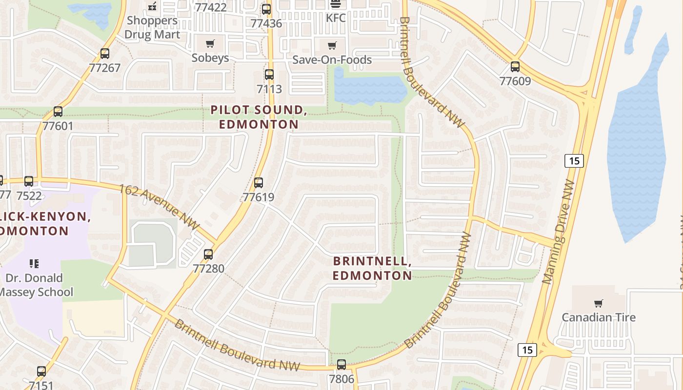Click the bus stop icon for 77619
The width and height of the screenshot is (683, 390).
(x=259, y=183)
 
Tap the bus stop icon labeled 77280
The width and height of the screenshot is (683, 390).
(x=208, y=254)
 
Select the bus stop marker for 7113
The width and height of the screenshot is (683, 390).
(x=269, y=75)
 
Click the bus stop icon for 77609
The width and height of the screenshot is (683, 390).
(x=515, y=67)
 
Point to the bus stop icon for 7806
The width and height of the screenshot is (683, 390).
(x=341, y=364)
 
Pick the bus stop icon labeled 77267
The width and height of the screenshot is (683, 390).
(x=105, y=54)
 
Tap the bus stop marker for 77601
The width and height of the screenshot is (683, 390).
(x=58, y=112)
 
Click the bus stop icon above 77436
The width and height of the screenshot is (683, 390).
(x=266, y=9)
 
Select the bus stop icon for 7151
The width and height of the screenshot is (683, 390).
(x=41, y=371)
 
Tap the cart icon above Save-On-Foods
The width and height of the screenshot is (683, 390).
(x=332, y=46)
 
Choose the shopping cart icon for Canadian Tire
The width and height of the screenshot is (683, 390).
(x=599, y=303)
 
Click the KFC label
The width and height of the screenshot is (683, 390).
(x=336, y=18)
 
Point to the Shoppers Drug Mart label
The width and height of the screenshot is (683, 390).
(x=152, y=27)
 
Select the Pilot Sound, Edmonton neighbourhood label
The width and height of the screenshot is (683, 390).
(x=259, y=117)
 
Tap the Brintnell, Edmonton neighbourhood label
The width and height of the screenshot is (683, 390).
(x=372, y=268)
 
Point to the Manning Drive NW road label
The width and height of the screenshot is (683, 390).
(x=559, y=232)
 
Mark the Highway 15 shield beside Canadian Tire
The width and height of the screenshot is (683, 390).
(x=527, y=350)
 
